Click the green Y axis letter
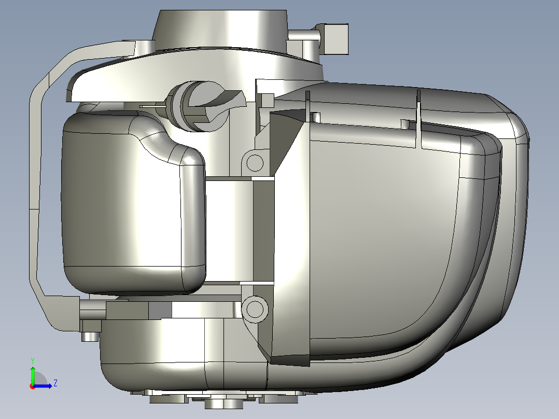pos(33,360)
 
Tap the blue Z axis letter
pos(55,383)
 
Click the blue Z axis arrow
pos(43,386)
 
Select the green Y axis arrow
pos(33,375)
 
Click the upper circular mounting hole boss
pos(255,163)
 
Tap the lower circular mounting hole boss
pos(255,309)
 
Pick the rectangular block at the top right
pos(336,39)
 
